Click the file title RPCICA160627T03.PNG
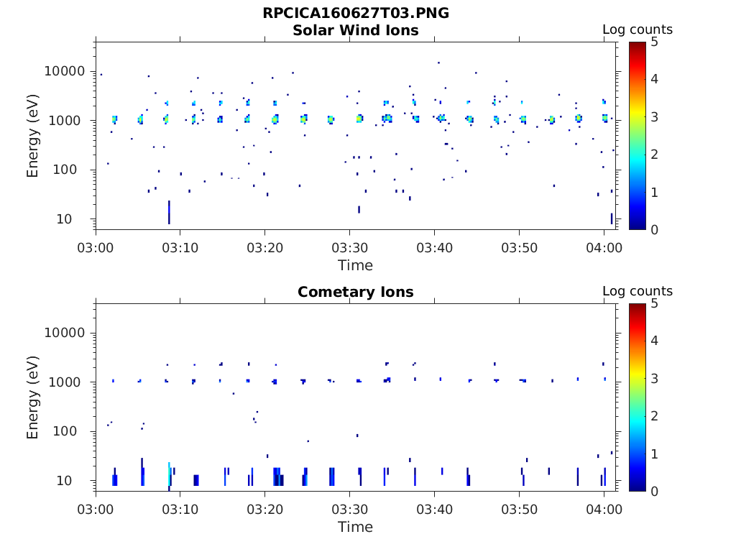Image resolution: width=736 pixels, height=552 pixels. tap(356, 13)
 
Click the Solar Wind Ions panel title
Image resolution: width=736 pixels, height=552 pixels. tap(356, 30)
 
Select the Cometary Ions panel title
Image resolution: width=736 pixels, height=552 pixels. tap(356, 292)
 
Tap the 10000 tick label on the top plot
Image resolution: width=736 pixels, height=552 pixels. tap(65, 72)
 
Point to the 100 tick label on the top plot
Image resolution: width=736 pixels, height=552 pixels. tap(72, 170)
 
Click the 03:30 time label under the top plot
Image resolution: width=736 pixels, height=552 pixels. tap(349, 247)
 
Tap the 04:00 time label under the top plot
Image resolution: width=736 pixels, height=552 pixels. tap(604, 247)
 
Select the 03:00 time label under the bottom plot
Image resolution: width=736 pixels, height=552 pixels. tap(96, 509)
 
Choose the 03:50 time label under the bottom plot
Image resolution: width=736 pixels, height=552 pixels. tap(519, 509)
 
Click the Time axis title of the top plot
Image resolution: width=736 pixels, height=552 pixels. tap(356, 265)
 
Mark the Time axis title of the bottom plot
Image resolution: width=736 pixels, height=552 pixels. tap(356, 527)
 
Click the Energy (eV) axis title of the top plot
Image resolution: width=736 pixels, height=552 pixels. tap(33, 135)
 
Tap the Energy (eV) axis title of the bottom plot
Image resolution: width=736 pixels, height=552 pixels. tap(33, 397)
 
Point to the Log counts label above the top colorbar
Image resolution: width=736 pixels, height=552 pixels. tap(637, 29)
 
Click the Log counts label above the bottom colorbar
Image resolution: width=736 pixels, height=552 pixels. tap(637, 291)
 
